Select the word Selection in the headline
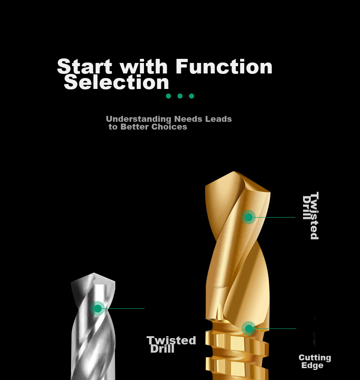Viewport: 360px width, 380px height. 117,82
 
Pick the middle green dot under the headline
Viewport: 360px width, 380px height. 180,96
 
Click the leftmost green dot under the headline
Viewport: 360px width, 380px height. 169,96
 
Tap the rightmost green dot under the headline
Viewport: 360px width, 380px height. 191,96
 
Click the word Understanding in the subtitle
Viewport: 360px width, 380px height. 139,119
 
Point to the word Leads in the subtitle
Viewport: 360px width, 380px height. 219,119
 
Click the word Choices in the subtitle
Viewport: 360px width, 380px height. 169,126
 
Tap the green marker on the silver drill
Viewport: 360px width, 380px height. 98,308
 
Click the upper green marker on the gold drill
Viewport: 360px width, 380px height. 248,217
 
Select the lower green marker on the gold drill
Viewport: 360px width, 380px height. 249,328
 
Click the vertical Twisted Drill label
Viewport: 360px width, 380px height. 311,216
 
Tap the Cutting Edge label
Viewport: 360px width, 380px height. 315,361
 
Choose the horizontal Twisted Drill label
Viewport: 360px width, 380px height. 171,344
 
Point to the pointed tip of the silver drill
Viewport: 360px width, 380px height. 94,273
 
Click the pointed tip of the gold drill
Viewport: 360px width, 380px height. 234,172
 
